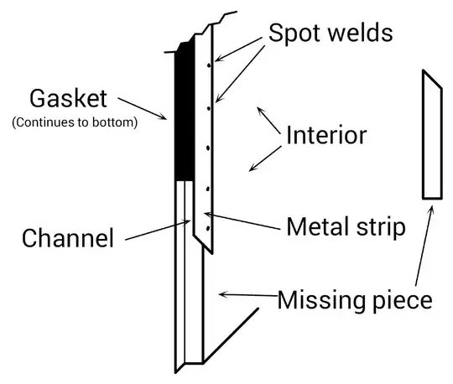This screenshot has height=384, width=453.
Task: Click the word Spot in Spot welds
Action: click(294, 34)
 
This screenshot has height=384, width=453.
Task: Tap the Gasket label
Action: click(69, 99)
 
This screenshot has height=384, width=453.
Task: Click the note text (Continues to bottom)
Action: click(74, 122)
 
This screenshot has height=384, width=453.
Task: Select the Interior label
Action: click(326, 136)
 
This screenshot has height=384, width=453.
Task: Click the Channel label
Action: click(67, 238)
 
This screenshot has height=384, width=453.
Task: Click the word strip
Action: click(383, 227)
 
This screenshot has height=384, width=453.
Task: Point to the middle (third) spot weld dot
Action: click(206, 148)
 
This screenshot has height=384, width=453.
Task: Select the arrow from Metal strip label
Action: click(243, 221)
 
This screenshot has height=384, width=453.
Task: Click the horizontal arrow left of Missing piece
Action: click(247, 295)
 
